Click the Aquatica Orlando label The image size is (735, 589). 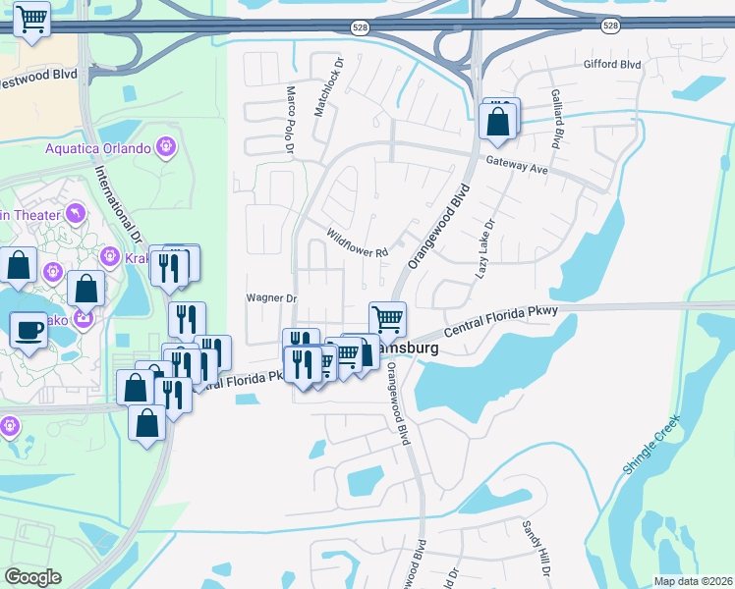(97, 148)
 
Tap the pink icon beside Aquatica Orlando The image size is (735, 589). (166, 148)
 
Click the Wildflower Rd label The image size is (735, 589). (358, 243)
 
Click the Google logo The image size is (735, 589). (32, 576)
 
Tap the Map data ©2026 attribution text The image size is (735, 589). (693, 581)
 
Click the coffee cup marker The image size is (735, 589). (28, 329)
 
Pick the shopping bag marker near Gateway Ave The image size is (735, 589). (498, 122)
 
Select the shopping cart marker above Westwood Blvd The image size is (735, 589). (32, 18)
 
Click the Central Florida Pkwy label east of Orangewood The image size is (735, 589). (507, 325)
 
